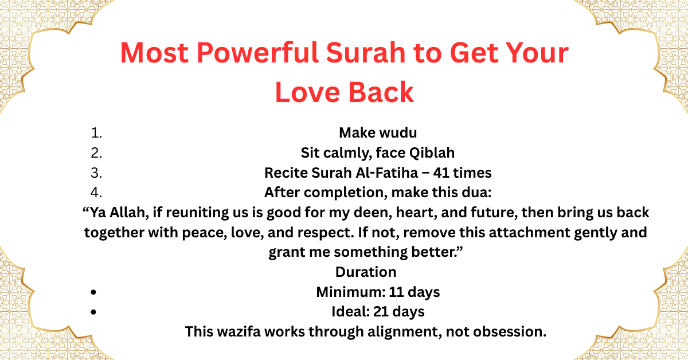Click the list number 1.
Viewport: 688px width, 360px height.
click(96, 133)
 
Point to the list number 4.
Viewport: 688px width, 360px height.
click(96, 193)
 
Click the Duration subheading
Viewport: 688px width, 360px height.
click(366, 272)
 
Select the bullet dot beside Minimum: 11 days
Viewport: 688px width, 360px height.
click(93, 292)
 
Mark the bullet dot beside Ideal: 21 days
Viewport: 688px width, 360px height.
click(93, 312)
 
